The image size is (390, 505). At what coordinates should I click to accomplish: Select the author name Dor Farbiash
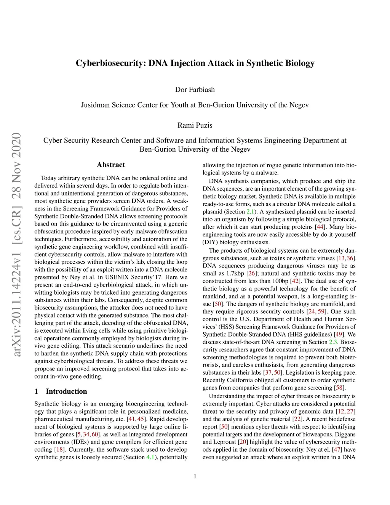coord(195,90)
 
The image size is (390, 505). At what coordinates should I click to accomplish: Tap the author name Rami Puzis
coord(195,125)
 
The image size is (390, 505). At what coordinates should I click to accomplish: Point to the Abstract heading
coord(111,165)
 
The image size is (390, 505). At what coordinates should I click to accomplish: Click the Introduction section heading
coord(66,391)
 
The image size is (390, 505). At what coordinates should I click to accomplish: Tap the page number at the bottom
coord(195,476)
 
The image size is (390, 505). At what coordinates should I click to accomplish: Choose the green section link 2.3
coord(333,342)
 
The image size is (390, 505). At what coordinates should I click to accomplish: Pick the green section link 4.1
coord(150,457)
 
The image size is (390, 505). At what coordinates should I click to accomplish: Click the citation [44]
coord(320,227)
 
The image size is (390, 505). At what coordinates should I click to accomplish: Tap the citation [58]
coord(339,388)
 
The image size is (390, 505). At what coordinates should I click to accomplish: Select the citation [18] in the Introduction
coord(60,449)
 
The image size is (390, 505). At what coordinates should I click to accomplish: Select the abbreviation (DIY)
coord(210,242)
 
